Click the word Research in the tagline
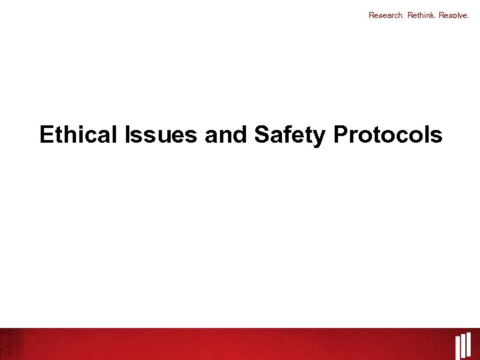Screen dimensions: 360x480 click(387, 14)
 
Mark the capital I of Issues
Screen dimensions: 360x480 click(127, 135)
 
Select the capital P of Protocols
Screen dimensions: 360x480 click(341, 135)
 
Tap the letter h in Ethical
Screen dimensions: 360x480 click(71, 135)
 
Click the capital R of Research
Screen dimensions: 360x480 click(371, 14)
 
